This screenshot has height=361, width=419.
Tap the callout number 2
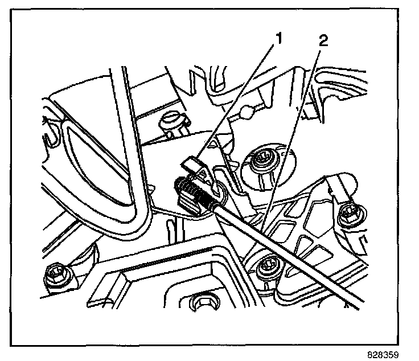coord(324,42)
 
